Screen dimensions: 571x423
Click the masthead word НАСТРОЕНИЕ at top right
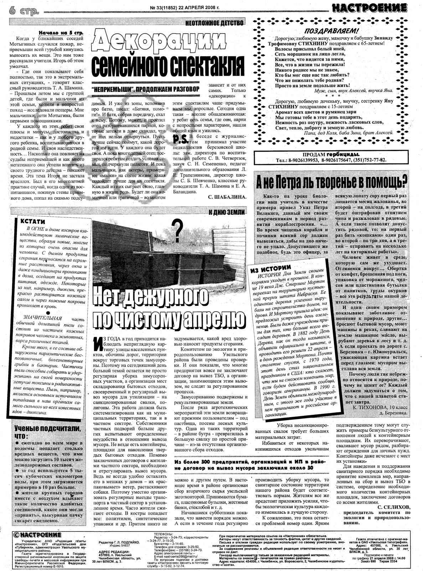click(x=369, y=8)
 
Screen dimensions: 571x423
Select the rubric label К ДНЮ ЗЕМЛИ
click(x=227, y=212)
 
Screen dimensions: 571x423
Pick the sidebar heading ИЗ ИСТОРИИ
click(x=271, y=267)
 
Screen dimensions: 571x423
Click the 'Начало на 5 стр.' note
click(x=61, y=32)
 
